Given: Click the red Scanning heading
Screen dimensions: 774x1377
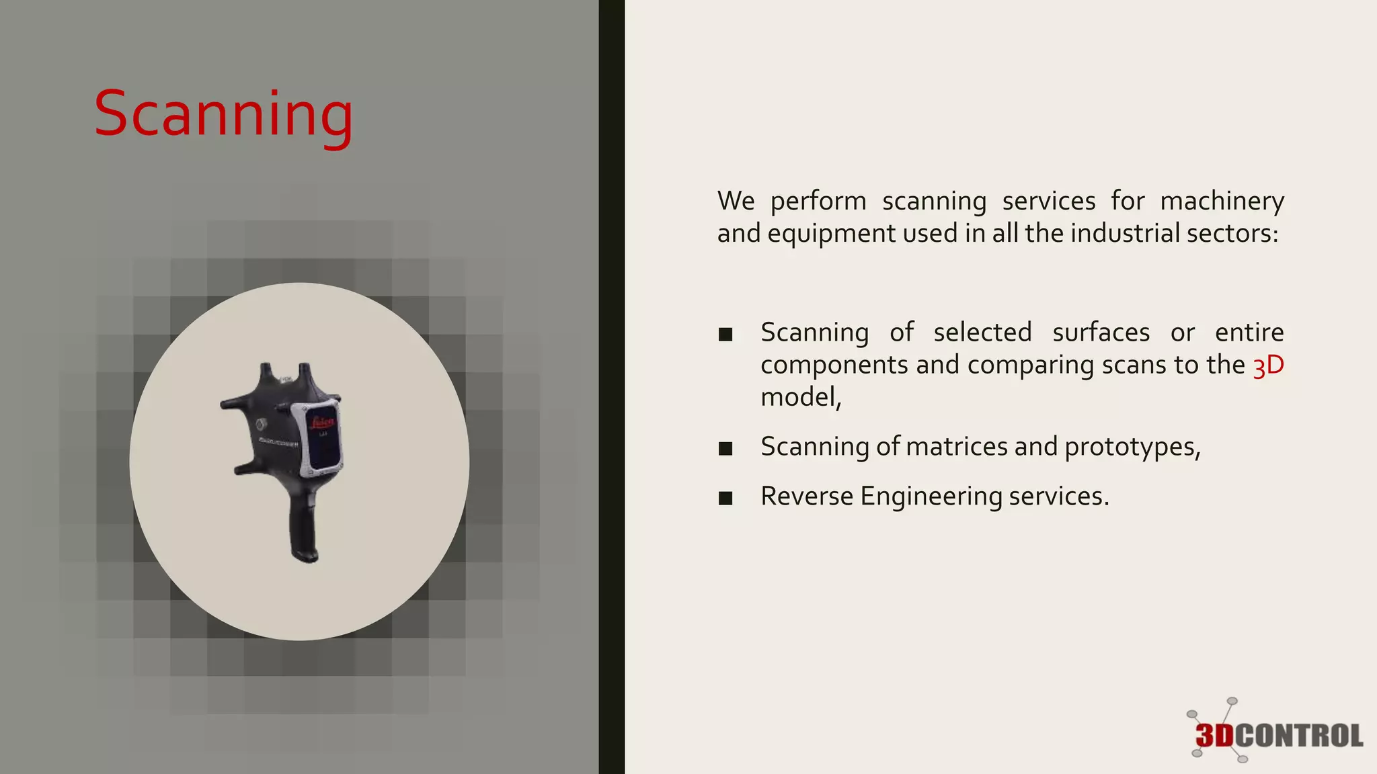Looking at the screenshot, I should tap(223, 114).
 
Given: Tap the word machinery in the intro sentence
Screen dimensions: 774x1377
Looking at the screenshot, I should tap(1222, 202).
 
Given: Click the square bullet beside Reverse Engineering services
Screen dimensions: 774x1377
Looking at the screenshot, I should tap(725, 498).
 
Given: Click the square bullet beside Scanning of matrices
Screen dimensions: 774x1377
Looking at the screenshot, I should tap(725, 448).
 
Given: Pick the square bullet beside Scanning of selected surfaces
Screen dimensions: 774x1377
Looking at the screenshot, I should tap(725, 334).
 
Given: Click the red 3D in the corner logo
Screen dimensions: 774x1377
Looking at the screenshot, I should tap(1214, 736).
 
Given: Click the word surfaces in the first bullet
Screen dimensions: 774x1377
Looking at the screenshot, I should tap(1101, 333).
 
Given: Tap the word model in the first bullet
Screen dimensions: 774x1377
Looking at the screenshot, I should tap(797, 397).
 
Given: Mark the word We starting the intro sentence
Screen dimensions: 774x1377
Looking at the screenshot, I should tap(736, 201).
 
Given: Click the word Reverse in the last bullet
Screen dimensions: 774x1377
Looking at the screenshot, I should tap(807, 497).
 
